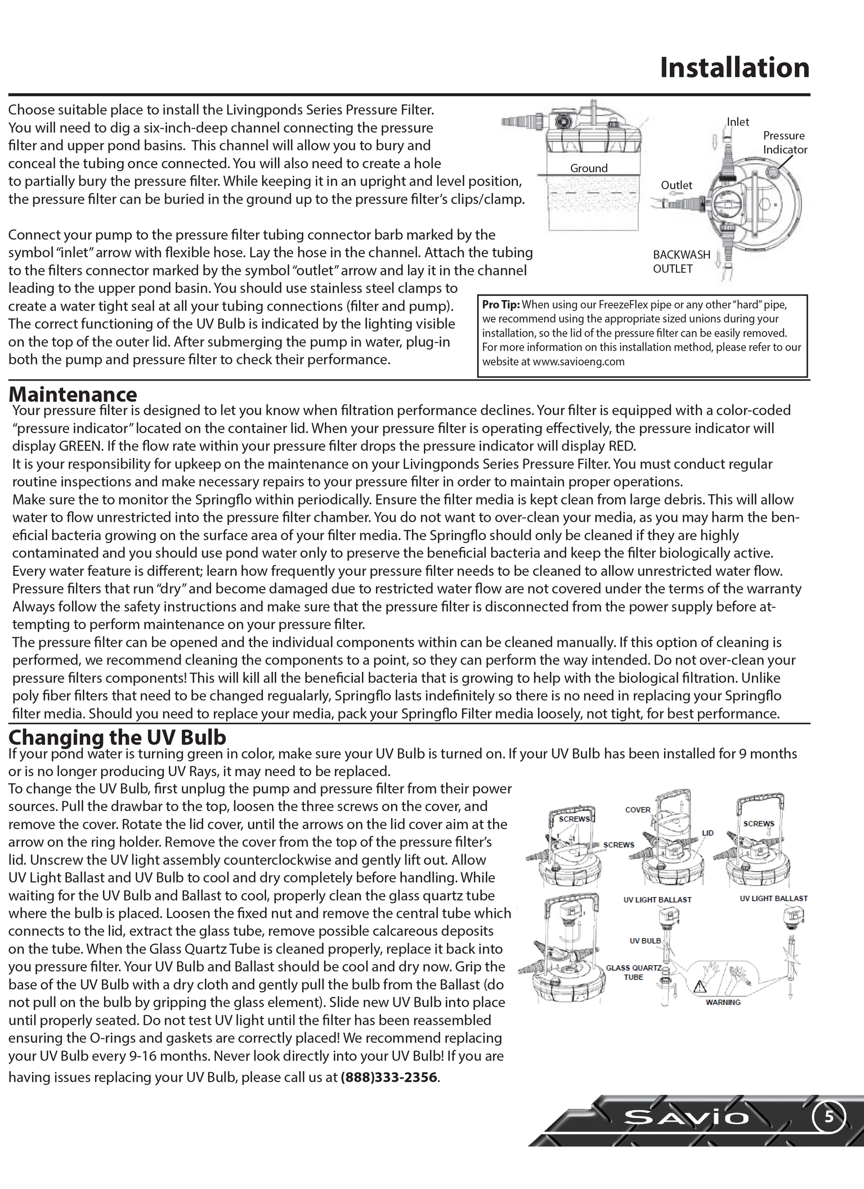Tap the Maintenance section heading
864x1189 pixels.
(x=73, y=394)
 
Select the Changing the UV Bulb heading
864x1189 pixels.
(x=117, y=737)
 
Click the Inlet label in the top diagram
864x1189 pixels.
(x=738, y=122)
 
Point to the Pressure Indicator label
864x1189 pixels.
(x=784, y=143)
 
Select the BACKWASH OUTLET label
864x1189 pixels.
(x=681, y=262)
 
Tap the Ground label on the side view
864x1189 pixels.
(x=589, y=168)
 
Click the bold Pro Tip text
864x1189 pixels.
(x=501, y=305)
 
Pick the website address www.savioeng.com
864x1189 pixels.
(x=578, y=362)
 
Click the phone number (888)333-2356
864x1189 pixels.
(x=389, y=1078)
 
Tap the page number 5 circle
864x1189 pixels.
(x=829, y=1117)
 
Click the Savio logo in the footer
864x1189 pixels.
(x=686, y=1118)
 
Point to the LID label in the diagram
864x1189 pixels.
(x=708, y=833)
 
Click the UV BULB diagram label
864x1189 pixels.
(x=645, y=941)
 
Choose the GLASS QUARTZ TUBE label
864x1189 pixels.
(x=633, y=972)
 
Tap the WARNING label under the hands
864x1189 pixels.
(x=723, y=1002)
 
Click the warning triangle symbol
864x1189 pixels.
(x=700, y=987)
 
